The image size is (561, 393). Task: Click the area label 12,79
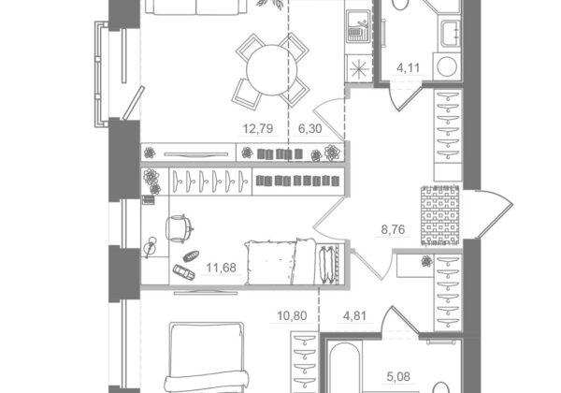[258, 128]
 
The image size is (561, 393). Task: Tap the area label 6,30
[309, 128]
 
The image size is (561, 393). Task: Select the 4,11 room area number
[409, 67]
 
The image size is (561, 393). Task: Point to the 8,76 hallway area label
[393, 229]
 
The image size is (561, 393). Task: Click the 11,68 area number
[221, 268]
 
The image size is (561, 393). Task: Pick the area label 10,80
[292, 315]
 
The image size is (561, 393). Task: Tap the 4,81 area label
[354, 315]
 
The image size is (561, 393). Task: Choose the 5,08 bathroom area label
[398, 376]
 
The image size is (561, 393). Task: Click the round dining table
[271, 70]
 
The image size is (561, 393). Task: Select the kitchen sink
[358, 26]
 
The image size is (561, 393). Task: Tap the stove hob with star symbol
[359, 68]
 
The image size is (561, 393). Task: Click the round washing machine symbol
[447, 66]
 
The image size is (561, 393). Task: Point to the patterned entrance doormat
[440, 215]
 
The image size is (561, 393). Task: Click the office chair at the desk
[179, 228]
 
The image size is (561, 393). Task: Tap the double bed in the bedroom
[206, 358]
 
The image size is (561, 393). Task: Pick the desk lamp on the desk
[150, 246]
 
